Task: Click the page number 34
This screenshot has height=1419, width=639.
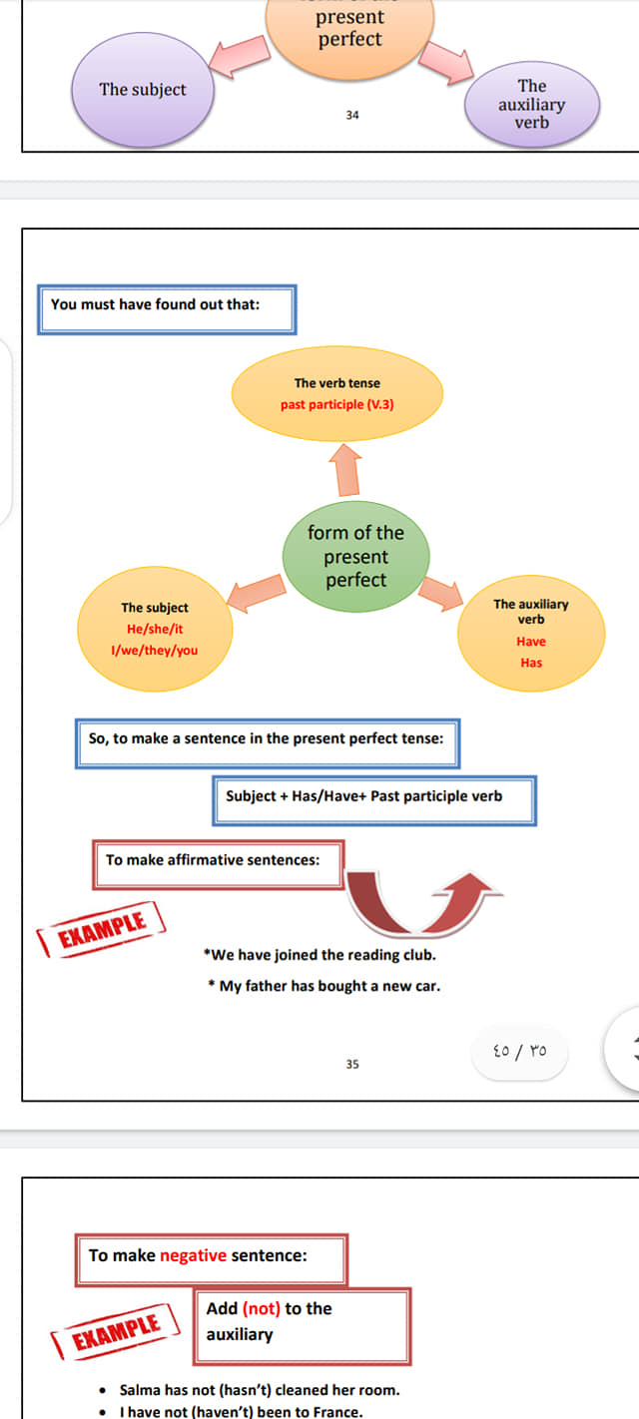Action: (352, 115)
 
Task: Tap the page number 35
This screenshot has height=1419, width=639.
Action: (352, 1064)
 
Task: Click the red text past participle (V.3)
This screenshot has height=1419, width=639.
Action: (337, 404)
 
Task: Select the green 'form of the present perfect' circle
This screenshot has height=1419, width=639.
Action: (355, 556)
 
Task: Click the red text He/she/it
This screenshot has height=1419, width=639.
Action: (155, 629)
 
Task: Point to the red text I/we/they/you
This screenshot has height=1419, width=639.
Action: (154, 650)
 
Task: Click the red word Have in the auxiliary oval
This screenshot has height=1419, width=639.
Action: (531, 641)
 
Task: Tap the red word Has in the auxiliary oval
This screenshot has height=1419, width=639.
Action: (531, 663)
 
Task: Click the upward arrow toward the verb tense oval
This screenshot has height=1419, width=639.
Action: (346, 469)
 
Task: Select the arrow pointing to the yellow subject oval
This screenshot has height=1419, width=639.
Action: (256, 593)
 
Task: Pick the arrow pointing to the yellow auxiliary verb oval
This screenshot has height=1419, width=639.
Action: (442, 593)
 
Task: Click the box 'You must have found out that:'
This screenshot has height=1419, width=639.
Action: (167, 309)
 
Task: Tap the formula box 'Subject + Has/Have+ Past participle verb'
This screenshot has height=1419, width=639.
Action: (374, 800)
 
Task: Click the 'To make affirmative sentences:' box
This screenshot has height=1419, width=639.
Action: (218, 865)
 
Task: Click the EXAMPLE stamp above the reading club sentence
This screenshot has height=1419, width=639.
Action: (102, 929)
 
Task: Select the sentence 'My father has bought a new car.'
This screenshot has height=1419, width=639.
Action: (324, 986)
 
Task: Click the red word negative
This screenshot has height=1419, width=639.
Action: (193, 1255)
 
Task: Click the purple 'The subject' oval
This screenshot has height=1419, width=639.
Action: (143, 90)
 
